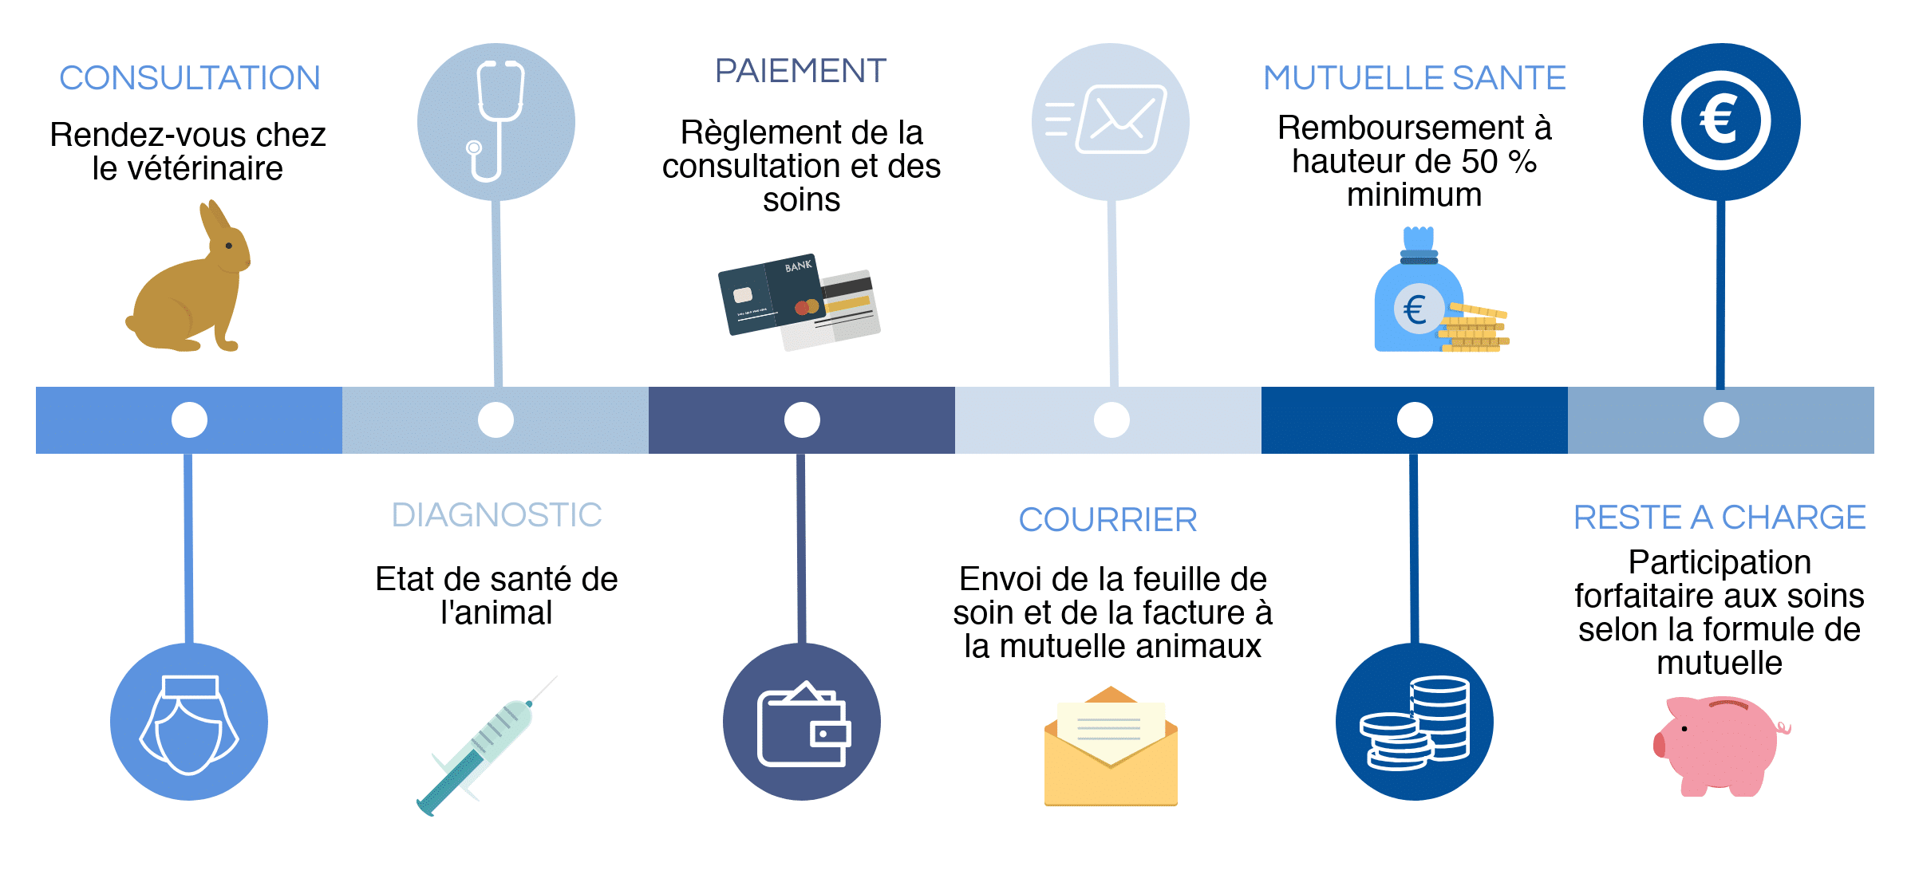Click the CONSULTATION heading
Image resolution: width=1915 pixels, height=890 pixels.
click(x=190, y=78)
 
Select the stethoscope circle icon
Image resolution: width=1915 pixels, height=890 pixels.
click(x=496, y=122)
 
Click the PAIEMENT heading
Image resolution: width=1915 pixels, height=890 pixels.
click(x=800, y=71)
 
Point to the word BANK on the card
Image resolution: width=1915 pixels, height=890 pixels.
click(x=798, y=266)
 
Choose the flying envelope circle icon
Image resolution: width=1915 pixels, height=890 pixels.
click(x=1110, y=122)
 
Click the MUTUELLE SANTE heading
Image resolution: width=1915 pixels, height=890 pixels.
click(x=1414, y=78)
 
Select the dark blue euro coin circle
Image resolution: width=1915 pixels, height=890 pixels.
click(x=1721, y=122)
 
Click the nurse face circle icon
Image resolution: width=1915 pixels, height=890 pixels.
click(x=189, y=722)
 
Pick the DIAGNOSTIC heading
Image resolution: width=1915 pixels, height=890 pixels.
click(x=496, y=515)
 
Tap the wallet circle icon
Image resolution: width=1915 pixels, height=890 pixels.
click(x=802, y=722)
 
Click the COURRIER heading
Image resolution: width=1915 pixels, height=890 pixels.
click(x=1108, y=520)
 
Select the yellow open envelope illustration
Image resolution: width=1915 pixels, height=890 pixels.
click(x=1111, y=750)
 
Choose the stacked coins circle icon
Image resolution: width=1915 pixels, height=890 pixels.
click(x=1415, y=722)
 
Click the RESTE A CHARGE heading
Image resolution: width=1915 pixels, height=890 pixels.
click(x=1720, y=518)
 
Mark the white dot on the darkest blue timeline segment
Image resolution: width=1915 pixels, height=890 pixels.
click(x=1415, y=420)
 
